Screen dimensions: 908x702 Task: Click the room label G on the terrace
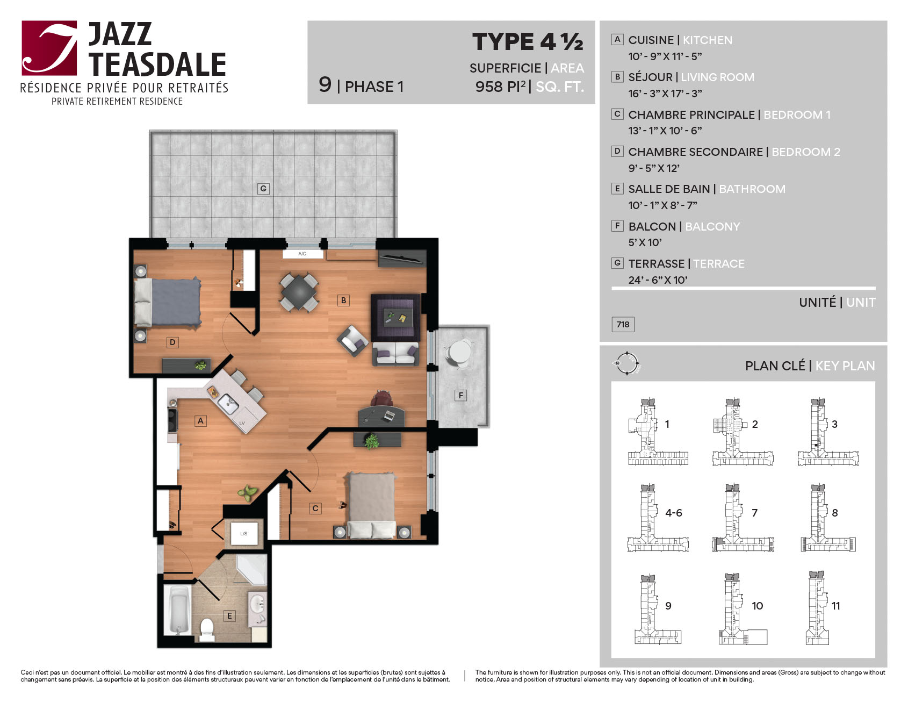(263, 189)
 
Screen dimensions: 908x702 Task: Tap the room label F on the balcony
(460, 396)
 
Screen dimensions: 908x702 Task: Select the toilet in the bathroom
(207, 629)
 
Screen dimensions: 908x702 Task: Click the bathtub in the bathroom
(178, 611)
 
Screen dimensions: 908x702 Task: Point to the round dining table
(299, 292)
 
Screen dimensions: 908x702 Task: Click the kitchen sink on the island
(228, 403)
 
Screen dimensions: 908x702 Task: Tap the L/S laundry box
(244, 534)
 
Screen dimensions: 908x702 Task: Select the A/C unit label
(302, 254)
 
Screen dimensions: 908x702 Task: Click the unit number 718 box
(623, 325)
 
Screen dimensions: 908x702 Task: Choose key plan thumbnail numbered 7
(743, 518)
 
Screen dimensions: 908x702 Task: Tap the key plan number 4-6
(674, 513)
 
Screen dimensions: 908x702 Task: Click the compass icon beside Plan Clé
(626, 363)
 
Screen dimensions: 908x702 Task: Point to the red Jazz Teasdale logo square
(49, 48)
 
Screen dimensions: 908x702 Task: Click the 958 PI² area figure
(501, 87)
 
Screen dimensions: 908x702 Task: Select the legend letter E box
(618, 189)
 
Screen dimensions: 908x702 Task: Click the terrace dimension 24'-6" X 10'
(658, 280)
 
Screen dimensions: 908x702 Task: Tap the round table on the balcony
(460, 352)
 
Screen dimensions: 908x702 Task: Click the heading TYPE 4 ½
(528, 42)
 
